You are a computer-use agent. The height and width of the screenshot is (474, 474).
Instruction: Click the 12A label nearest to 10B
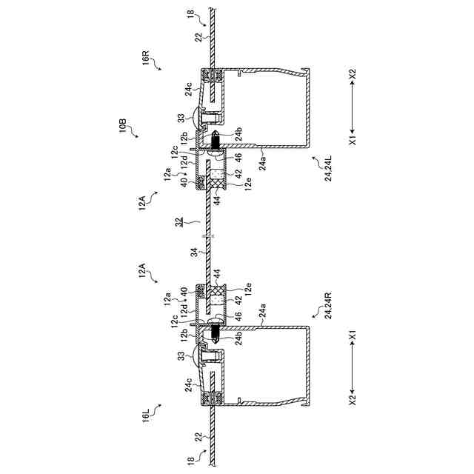[145, 201]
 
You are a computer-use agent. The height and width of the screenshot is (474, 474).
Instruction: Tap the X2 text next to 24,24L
[353, 74]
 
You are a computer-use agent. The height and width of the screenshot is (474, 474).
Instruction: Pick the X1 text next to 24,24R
[353, 337]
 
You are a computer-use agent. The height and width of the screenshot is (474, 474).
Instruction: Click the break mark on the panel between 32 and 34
[210, 237]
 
